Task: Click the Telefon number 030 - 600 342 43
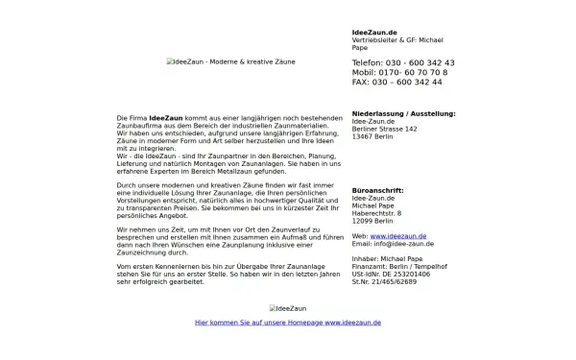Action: point(403,62)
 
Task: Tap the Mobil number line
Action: point(399,72)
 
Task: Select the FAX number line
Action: point(397,83)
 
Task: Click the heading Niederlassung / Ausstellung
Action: point(404,113)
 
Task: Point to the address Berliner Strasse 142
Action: point(385,129)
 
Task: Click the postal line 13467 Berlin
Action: point(375,136)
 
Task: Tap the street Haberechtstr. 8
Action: point(377,213)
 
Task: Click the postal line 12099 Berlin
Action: point(375,221)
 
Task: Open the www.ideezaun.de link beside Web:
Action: point(398,235)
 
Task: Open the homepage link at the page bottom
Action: point(288,324)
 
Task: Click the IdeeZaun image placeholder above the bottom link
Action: point(288,309)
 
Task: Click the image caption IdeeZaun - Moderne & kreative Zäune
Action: point(231,61)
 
